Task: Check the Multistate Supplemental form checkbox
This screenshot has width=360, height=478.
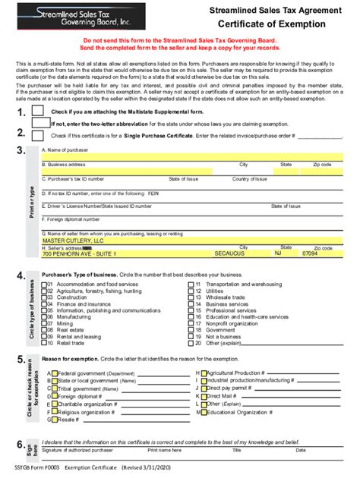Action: pyautogui.click(x=38, y=111)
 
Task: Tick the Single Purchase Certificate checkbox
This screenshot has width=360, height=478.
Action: pyautogui.click(x=38, y=134)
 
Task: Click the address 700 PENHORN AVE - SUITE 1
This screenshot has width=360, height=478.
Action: pyautogui.click(x=83, y=254)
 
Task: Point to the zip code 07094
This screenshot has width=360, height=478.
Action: pyautogui.click(x=311, y=254)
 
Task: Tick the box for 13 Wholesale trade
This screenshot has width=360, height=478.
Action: pyautogui.click(x=191, y=297)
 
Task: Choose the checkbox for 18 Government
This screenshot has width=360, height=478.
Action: pyautogui.click(x=191, y=330)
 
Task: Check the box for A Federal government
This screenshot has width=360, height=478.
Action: pyautogui.click(x=53, y=373)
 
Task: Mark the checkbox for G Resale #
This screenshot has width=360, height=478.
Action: pyautogui.click(x=53, y=419)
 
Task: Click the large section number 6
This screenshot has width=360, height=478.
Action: pyautogui.click(x=21, y=445)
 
